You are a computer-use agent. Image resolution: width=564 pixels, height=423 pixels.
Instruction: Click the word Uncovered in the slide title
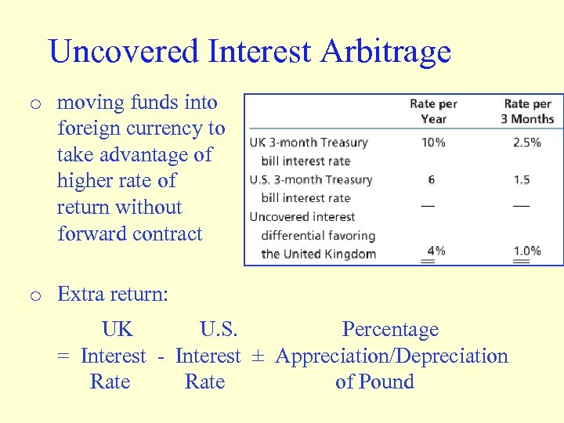pos(124,52)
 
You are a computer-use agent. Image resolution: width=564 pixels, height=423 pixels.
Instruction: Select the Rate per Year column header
pos(433,110)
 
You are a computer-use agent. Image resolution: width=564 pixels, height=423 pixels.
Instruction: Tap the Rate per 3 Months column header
pos(527,110)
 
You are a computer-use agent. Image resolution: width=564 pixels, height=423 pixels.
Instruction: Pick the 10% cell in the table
pos(433,142)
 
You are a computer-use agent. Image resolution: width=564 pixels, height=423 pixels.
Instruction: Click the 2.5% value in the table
pos(527,142)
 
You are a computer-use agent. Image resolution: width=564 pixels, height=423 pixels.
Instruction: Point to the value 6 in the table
pos(432,179)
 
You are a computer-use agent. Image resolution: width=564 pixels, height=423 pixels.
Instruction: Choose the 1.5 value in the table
pos(522,179)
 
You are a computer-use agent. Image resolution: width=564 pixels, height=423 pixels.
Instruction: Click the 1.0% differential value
pos(527,251)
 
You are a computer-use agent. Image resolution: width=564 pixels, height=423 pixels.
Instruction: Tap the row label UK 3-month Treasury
pos(309,142)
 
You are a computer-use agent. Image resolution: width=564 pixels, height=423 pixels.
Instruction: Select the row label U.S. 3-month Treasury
pos(311,179)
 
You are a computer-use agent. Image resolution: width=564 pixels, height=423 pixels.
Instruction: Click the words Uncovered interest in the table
pos(302,216)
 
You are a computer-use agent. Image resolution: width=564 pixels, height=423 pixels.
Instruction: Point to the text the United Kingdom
pos(319,253)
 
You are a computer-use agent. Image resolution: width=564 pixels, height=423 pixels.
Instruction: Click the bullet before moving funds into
pos(35,104)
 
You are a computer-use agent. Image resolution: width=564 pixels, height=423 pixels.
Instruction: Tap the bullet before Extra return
pos(35,296)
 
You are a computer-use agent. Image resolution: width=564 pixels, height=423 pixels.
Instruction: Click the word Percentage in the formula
pos(390,330)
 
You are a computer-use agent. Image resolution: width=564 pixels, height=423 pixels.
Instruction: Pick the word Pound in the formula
pos(386,382)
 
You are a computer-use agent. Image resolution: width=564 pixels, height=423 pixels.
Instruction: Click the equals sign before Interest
pos(63,356)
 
